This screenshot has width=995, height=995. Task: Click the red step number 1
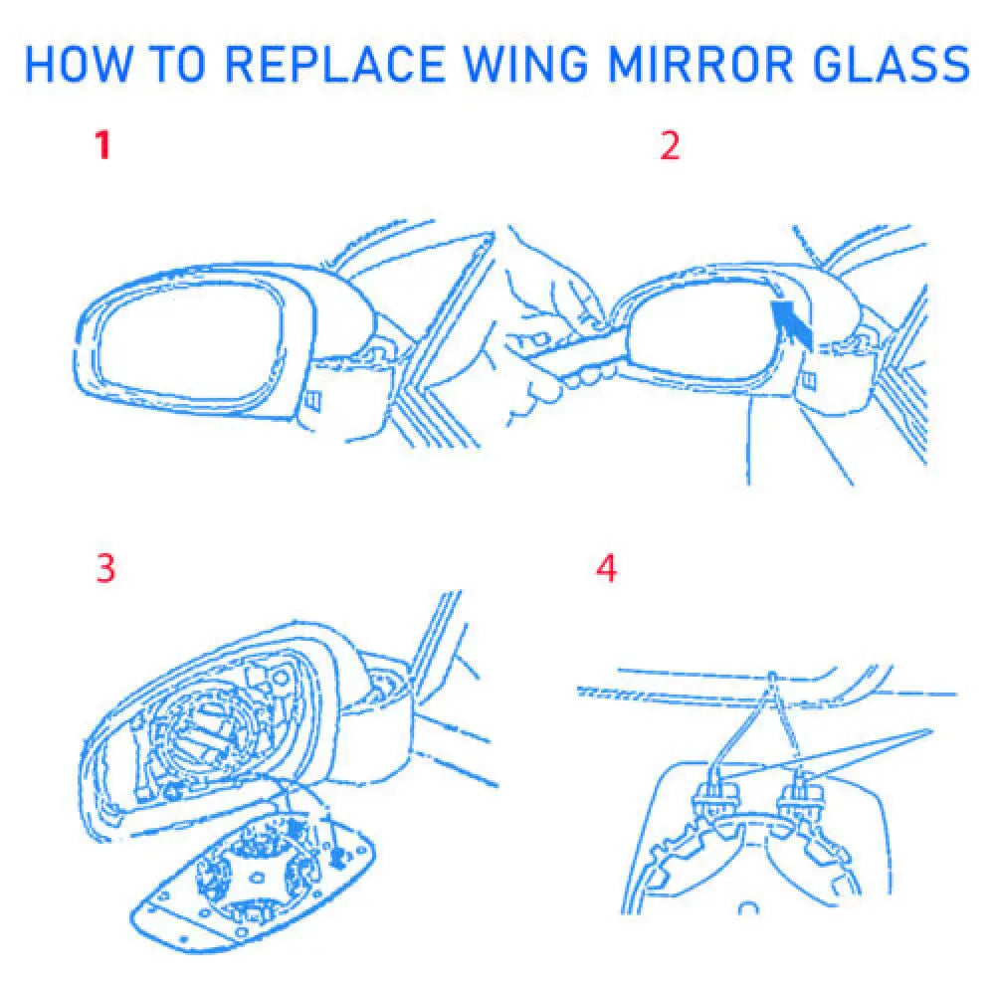101,146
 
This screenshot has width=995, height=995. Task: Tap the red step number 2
670,146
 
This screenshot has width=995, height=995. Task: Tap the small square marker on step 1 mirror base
312,399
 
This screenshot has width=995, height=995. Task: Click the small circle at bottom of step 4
747,907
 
